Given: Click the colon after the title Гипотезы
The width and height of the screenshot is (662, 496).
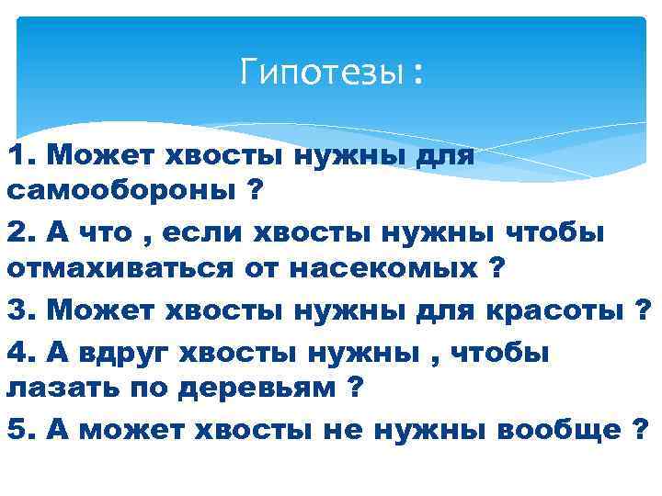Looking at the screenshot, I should tap(419, 73).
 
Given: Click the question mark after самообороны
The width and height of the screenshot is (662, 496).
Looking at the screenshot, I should tap(252, 193).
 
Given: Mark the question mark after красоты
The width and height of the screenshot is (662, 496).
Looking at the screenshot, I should tap(644, 311).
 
